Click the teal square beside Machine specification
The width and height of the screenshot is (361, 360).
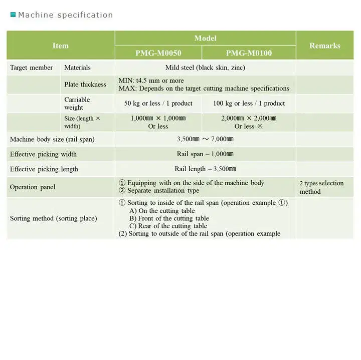(13, 15)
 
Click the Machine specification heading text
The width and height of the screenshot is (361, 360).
(66, 15)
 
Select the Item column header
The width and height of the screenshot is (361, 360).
(61, 46)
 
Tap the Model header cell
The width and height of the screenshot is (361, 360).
(205, 38)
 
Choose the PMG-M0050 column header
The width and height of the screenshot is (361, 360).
(158, 53)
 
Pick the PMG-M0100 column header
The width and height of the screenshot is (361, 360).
(249, 53)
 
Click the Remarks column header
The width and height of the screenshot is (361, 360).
(325, 46)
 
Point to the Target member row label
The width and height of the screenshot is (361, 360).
(31, 68)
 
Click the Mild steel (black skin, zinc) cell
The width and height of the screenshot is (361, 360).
(205, 68)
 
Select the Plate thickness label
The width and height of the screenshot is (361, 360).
(85, 85)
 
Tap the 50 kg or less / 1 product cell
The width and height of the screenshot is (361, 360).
(158, 103)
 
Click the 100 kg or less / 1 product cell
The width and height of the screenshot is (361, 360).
(249, 103)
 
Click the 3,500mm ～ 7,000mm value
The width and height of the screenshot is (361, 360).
(205, 139)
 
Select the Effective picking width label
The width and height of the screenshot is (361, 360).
(43, 154)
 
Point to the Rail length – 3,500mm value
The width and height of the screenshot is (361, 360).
(205, 169)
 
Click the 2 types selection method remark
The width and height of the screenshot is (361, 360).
(321, 187)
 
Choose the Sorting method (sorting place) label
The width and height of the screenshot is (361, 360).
(54, 218)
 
